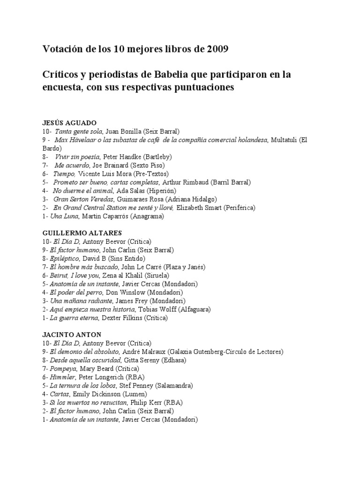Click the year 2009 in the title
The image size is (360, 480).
tap(215, 49)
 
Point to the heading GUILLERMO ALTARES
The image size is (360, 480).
tap(82, 233)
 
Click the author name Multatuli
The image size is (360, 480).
tap(284, 140)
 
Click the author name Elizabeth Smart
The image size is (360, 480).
tap(199, 208)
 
